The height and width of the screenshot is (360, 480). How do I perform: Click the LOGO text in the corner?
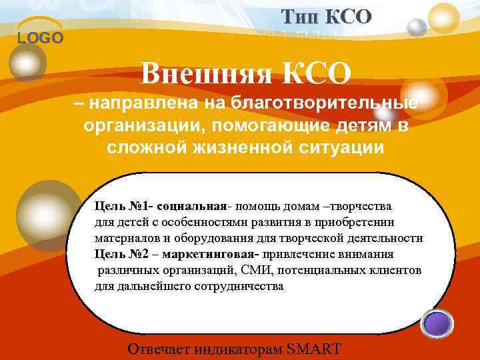(x=41, y=38)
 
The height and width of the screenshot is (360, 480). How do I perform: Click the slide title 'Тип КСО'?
(x=326, y=16)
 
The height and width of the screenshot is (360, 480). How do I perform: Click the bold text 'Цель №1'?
(x=117, y=205)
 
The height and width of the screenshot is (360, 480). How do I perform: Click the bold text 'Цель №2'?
(x=118, y=254)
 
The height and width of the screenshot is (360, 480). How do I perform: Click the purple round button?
(x=439, y=325)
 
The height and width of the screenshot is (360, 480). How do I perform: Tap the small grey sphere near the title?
(x=417, y=27)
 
